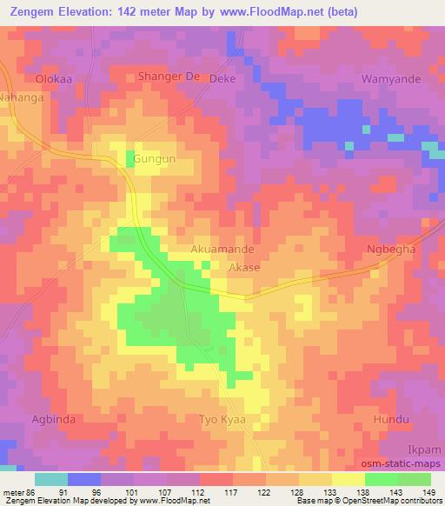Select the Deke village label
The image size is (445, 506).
(x=223, y=77)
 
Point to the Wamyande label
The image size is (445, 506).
(x=391, y=79)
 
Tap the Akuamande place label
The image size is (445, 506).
(x=222, y=249)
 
